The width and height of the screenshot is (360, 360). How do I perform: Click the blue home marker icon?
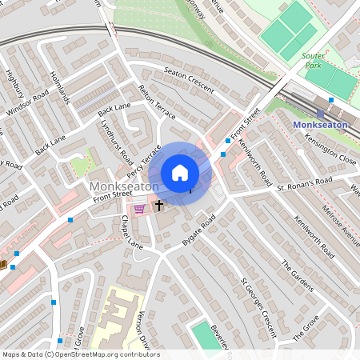[180, 173]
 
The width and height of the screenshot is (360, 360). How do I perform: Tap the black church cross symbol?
[158, 206]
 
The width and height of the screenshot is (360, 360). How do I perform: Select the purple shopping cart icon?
[140, 209]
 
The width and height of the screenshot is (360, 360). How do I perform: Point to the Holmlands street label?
[60, 88]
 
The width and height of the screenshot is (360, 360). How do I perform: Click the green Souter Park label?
[312, 61]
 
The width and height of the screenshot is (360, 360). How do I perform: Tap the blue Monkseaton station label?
[320, 125]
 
